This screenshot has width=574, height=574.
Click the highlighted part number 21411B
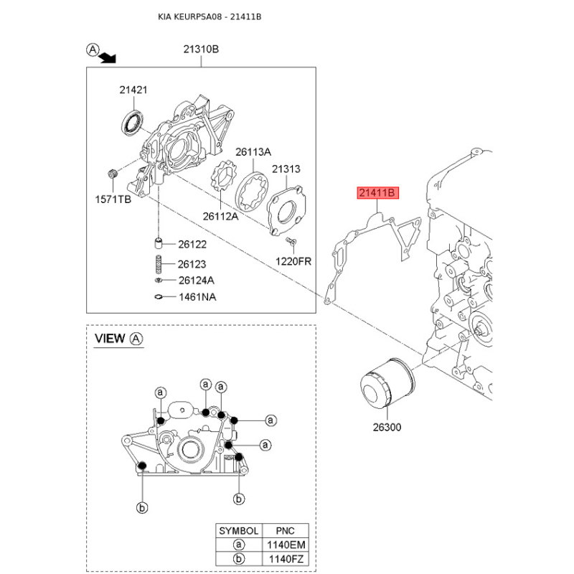(377, 193)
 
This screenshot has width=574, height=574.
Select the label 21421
(133, 90)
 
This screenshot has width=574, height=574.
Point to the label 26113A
(254, 152)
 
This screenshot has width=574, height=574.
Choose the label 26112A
(220, 215)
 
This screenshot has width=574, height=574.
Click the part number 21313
(286, 169)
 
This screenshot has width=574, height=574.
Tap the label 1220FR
(294, 261)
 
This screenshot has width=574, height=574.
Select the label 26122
(192, 244)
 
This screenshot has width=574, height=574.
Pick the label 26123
(192, 263)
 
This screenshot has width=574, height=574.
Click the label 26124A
(196, 280)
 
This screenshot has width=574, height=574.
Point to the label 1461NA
(196, 297)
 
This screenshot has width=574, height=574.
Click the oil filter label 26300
(387, 428)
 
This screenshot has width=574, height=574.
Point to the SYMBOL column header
(238, 531)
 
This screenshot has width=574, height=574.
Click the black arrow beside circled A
(108, 57)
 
